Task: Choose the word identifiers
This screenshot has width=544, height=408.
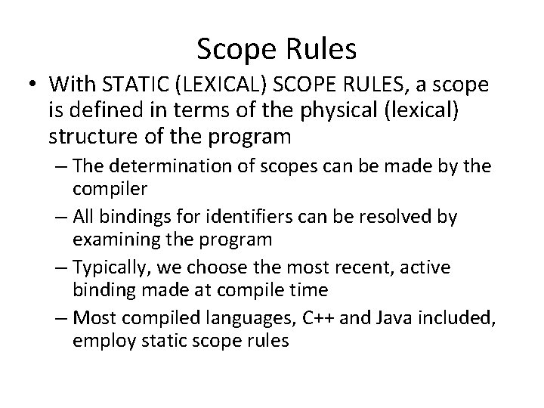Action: coord(258,218)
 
